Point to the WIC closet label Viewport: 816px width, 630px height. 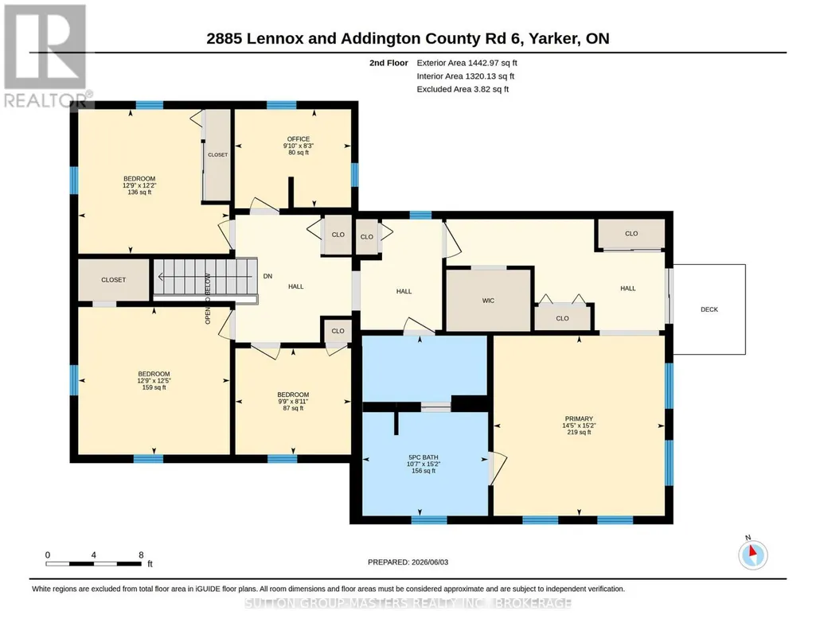point(488,301)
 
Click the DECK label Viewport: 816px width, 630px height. point(709,309)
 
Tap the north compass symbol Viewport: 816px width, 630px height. point(752,554)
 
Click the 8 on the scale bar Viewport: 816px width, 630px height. point(141,554)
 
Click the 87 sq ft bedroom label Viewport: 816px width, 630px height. point(293,401)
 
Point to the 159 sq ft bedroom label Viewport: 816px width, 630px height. point(154,380)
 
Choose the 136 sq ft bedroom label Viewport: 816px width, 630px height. point(139,185)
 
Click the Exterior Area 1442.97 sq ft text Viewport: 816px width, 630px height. point(467,63)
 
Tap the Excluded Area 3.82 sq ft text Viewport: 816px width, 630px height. point(463,89)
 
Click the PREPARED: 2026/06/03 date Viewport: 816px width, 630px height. point(408,562)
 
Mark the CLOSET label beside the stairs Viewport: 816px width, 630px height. point(114,280)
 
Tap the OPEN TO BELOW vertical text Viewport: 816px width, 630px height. point(208,299)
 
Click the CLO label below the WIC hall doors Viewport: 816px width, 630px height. point(562,318)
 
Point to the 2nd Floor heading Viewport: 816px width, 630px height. point(388,63)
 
